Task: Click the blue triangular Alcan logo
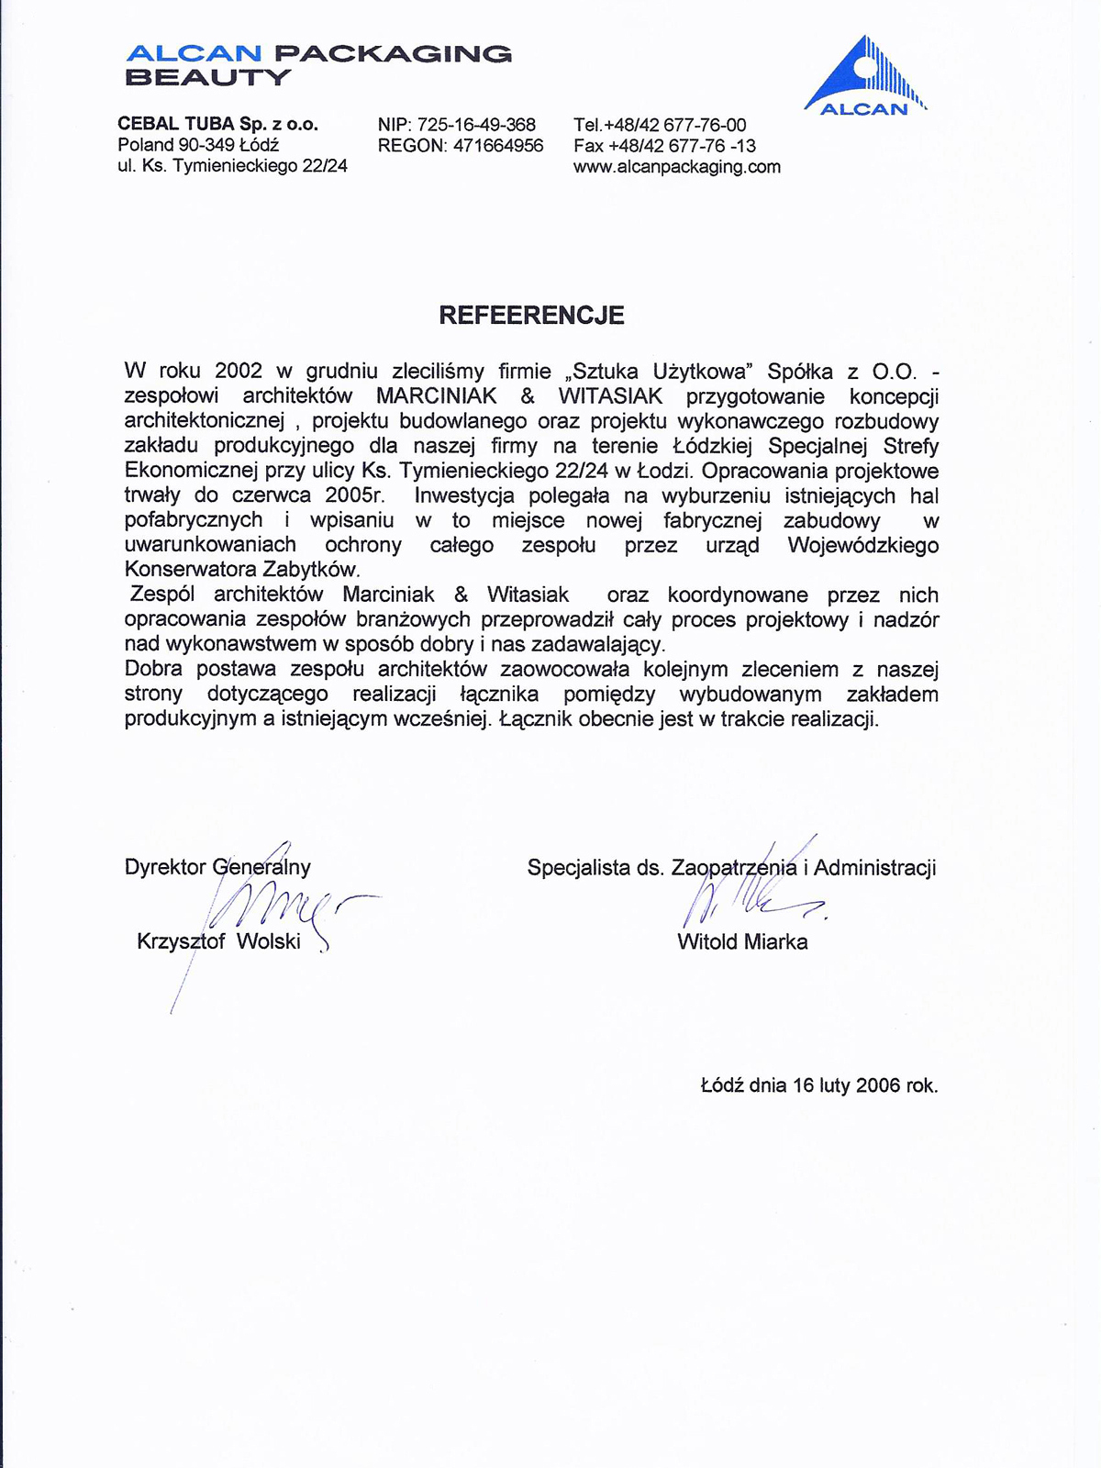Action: pos(864,78)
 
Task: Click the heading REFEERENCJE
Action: pos(531,316)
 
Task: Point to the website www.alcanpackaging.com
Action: pos(677,167)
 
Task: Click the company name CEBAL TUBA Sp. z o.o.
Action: pos(217,124)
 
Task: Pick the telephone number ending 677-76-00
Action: pos(660,125)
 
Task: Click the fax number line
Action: pos(664,146)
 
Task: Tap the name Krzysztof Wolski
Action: pos(218,941)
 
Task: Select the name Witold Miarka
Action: pos(742,942)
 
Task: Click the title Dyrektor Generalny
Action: pos(217,867)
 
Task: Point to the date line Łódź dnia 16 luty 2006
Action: pos(818,1085)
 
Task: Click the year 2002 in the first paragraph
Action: pos(239,372)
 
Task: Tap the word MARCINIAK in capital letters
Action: pos(437,396)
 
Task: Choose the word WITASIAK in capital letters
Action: pos(610,396)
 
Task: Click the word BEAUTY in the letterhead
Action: pos(207,77)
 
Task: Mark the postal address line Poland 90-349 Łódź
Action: pos(198,145)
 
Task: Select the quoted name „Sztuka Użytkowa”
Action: pos(662,372)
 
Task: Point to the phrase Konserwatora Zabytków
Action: pos(241,570)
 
